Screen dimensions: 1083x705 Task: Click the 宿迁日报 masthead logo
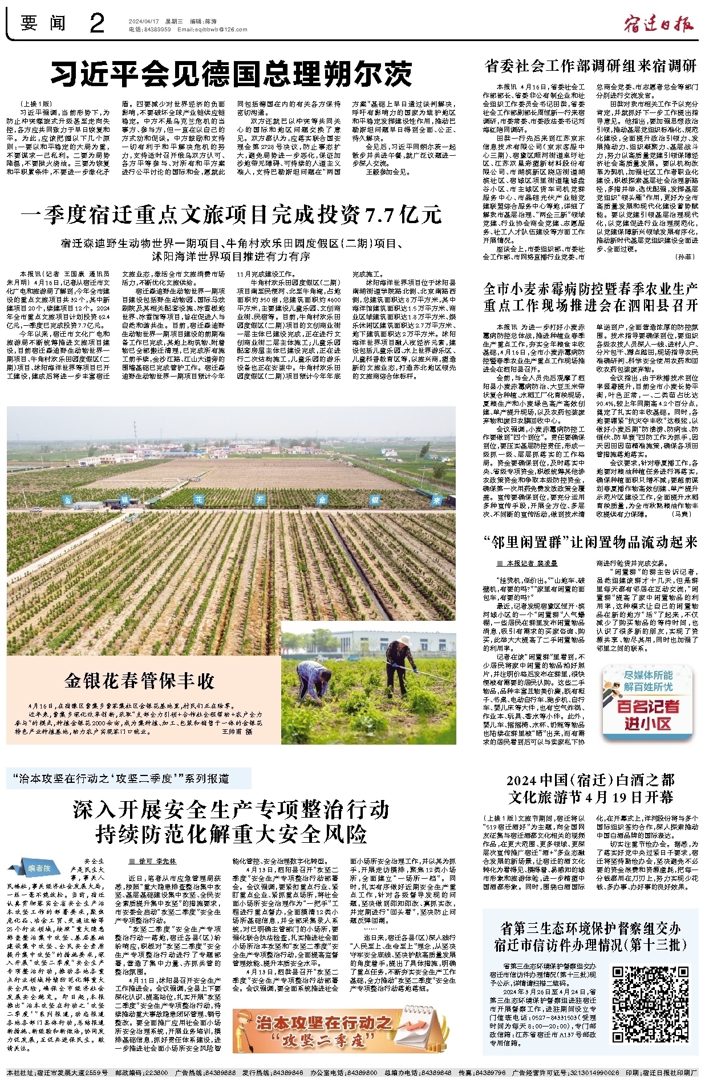pyautogui.click(x=659, y=23)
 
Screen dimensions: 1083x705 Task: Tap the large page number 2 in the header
pyautogui.click(x=97, y=23)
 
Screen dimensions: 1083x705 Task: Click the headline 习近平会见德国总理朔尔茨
pyautogui.click(x=231, y=74)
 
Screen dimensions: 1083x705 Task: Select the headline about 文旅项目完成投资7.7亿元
pyautogui.click(x=231, y=215)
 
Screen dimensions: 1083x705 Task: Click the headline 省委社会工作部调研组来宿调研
pyautogui.click(x=590, y=66)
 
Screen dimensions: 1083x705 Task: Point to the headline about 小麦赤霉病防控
pyautogui.click(x=590, y=297)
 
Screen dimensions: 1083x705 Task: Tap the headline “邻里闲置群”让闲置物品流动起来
pyautogui.click(x=590, y=541)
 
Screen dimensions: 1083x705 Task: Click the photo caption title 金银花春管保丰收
pyautogui.click(x=140, y=680)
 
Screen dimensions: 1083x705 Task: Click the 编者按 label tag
pyautogui.click(x=39, y=868)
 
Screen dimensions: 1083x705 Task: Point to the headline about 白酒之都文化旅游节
pyautogui.click(x=590, y=788)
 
